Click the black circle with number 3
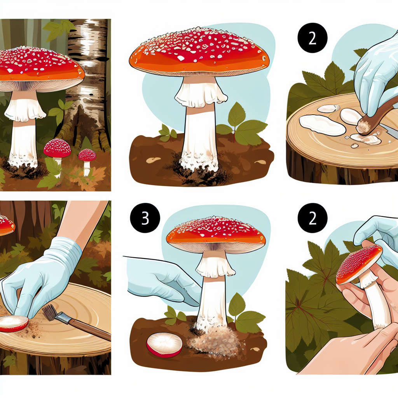click(x=145, y=218)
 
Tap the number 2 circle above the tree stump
click(x=312, y=38)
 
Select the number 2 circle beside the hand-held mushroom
click(x=312, y=218)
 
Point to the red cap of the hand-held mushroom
click(x=358, y=264)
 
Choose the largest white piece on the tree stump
click(x=322, y=125)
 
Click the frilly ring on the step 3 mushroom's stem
click(x=215, y=267)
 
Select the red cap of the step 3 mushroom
click(x=216, y=234)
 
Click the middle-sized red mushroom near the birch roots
click(x=57, y=148)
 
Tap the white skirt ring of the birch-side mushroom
click(x=24, y=109)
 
